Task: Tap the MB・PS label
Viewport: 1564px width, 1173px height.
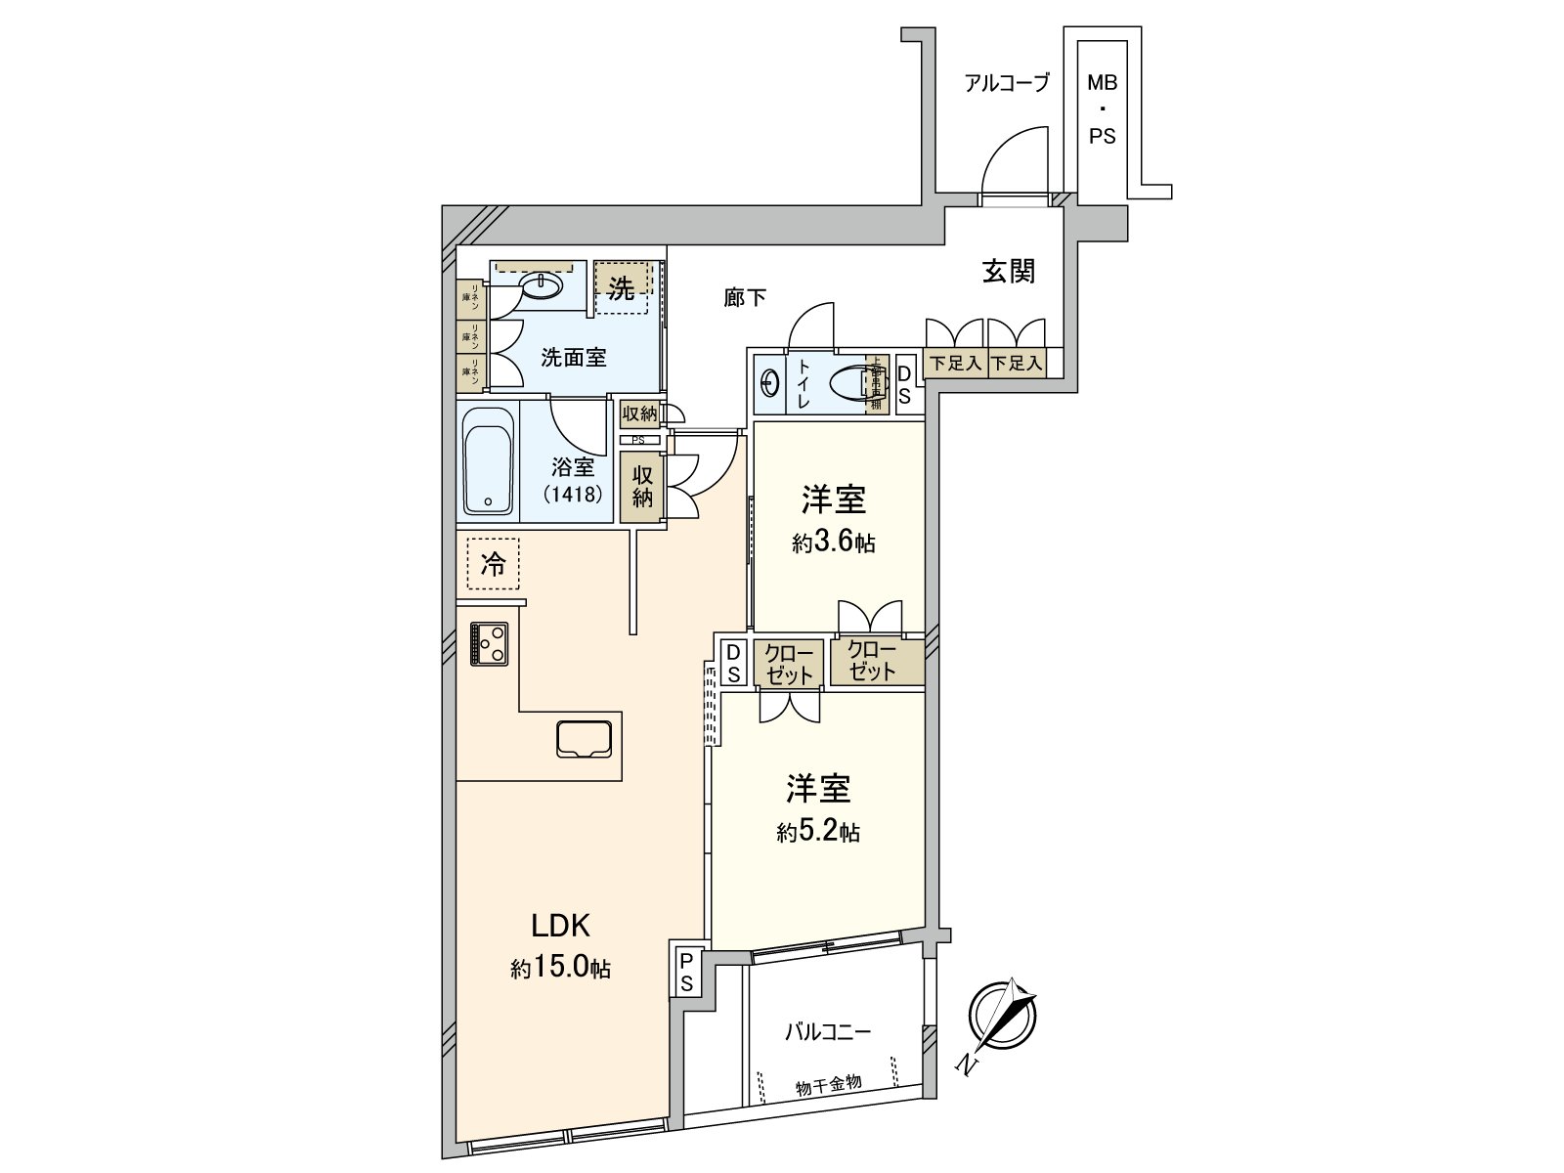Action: pos(1102,109)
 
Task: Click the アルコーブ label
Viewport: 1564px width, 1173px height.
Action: pos(1006,84)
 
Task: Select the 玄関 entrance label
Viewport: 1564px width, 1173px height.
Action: pos(1008,271)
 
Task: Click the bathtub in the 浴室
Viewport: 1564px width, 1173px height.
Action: pos(489,460)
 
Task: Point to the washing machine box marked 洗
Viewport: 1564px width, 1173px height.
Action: pos(622,287)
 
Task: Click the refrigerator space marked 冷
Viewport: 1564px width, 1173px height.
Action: pos(494,564)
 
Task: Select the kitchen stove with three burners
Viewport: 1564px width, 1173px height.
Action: pos(489,643)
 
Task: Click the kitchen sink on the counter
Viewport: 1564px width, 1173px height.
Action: pos(584,738)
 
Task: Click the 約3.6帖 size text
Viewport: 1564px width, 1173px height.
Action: pos(833,543)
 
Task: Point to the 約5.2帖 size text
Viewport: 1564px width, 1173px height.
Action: pos(818,833)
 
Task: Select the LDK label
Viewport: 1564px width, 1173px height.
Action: pos(559,925)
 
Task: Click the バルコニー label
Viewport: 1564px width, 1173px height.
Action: pos(827,1032)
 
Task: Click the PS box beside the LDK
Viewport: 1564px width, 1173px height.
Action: pos(686,971)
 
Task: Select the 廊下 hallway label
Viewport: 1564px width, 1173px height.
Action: pos(745,297)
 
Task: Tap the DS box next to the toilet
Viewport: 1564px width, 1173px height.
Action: pos(904,383)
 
